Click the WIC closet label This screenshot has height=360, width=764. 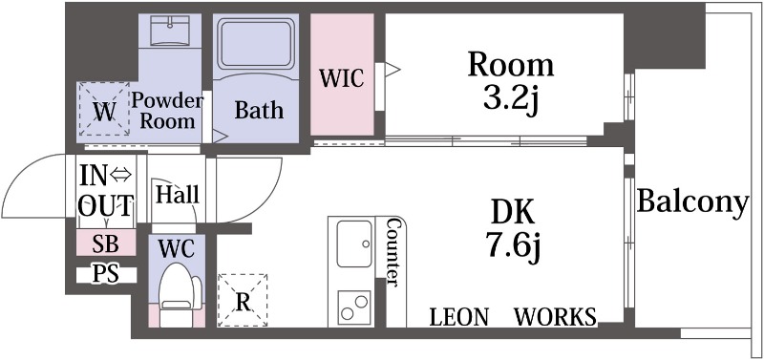coord(342,78)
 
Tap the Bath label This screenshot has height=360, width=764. coord(259,110)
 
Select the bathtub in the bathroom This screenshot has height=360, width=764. coord(256,45)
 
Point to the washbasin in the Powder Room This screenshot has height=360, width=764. coord(170,31)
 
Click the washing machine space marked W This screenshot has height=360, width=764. coord(103,109)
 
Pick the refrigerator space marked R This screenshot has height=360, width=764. coord(243,300)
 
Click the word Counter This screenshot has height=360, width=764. coord(393,252)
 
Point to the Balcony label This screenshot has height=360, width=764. coord(692,201)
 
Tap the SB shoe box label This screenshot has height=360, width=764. coord(106,244)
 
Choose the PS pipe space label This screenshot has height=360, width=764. coord(106,275)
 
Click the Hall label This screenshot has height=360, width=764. coord(178,196)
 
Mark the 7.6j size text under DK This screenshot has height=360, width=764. coord(513,244)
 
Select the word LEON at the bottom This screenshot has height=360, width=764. coord(458,317)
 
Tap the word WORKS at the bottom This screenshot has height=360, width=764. coord(556,317)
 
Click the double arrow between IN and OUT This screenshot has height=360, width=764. coord(120,175)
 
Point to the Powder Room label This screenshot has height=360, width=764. coord(167,111)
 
